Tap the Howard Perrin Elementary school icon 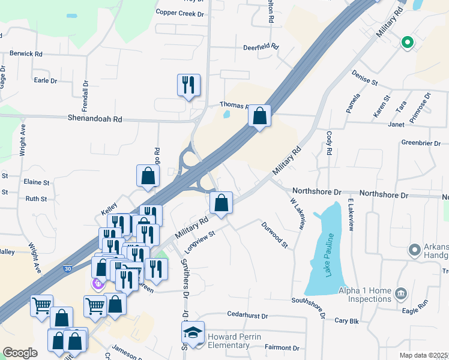[194, 332]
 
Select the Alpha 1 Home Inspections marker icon [402, 294]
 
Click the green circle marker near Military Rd [406, 42]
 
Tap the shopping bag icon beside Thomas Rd [259, 115]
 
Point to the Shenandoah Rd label [95, 119]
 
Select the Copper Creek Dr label [180, 12]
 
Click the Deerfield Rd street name [261, 47]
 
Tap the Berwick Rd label [26, 54]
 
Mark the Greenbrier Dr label [421, 143]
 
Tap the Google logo [20, 353]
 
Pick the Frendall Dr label [86, 94]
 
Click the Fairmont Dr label [282, 347]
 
